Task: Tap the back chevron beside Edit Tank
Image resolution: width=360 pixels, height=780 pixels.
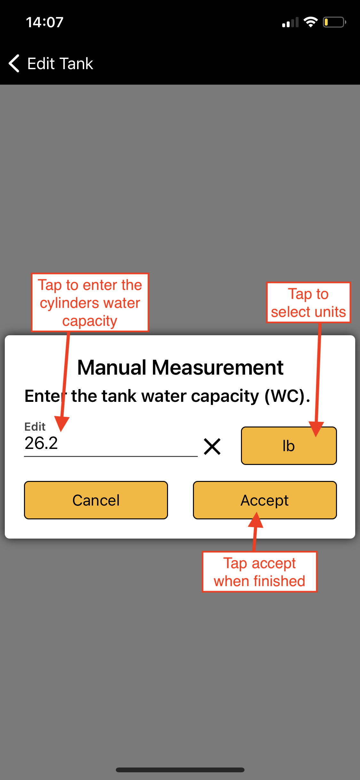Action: (x=14, y=63)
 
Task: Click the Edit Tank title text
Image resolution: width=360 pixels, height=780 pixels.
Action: (x=60, y=63)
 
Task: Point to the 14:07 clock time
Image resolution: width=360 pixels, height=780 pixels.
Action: (x=44, y=22)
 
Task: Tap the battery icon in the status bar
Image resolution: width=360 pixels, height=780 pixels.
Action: (x=334, y=22)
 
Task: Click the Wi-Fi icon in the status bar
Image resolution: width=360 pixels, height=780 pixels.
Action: (x=310, y=22)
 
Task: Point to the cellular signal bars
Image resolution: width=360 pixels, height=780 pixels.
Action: (x=290, y=22)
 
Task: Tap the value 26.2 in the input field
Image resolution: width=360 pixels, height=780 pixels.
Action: (x=41, y=443)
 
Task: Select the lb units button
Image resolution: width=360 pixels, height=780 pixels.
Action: (x=289, y=445)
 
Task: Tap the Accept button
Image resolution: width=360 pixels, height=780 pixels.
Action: (x=265, y=500)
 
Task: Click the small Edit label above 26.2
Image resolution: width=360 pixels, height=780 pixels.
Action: (x=35, y=427)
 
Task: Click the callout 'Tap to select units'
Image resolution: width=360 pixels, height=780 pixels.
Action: (x=308, y=303)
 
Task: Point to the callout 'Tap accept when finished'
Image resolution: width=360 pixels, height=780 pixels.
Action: (x=260, y=572)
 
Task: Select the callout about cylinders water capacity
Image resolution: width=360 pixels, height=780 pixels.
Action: (x=90, y=303)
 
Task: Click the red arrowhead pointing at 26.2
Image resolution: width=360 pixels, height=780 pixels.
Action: (x=61, y=424)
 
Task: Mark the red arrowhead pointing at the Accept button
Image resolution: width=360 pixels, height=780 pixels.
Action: (x=256, y=519)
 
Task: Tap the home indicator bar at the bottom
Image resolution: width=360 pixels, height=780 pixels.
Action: (x=180, y=770)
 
